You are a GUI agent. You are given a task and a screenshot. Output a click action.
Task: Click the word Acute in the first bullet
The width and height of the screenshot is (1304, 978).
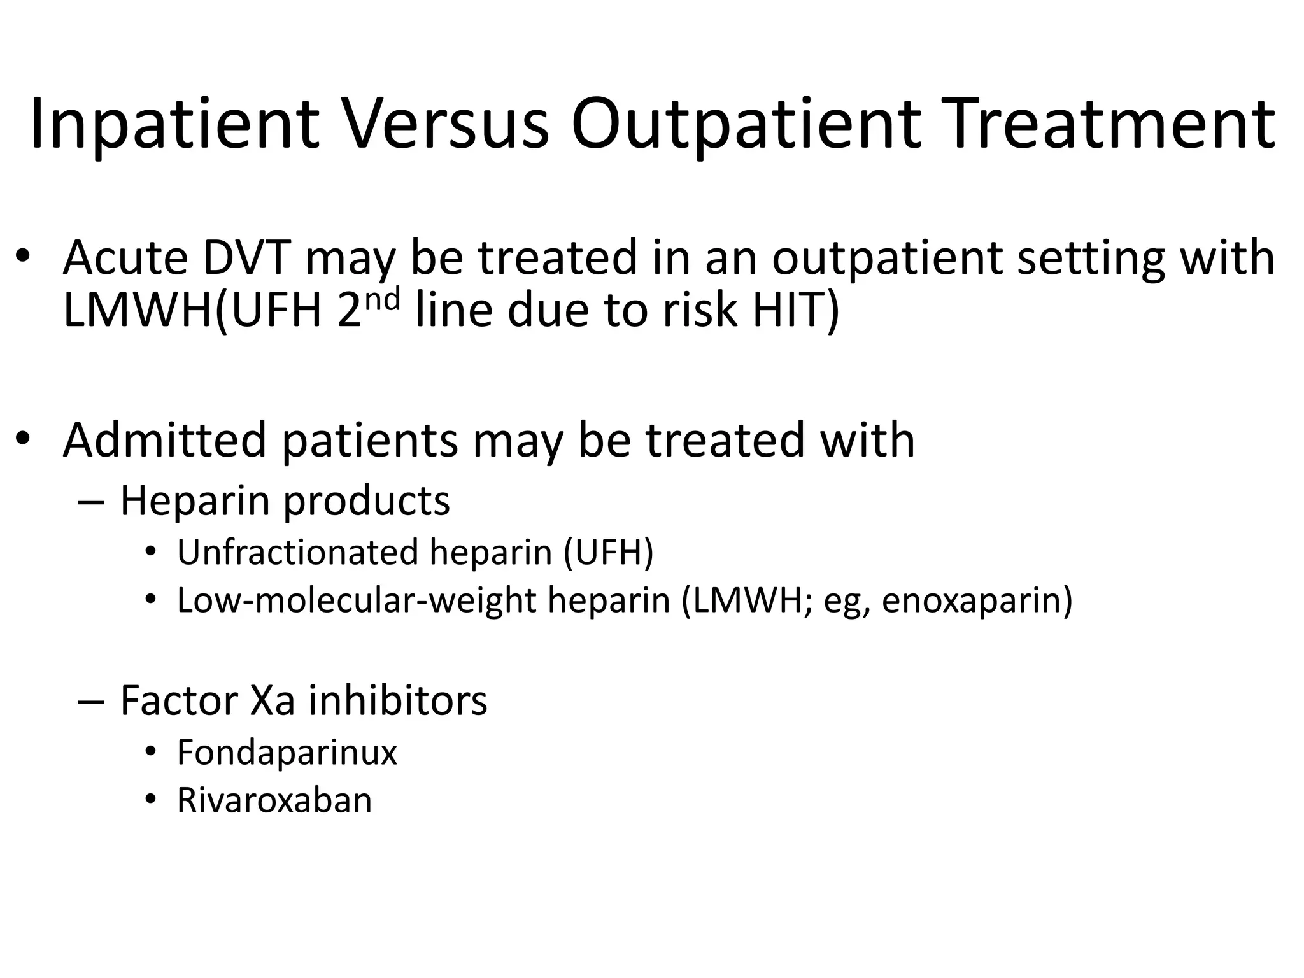point(125,258)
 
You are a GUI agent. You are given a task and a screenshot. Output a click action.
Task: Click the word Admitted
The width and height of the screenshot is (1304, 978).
point(164,440)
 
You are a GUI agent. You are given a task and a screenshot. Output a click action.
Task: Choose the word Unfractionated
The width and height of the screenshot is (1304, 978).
point(297,552)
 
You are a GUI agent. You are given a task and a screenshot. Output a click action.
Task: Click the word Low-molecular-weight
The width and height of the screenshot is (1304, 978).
point(357,600)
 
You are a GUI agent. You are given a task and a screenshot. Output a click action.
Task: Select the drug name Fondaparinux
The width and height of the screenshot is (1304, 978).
point(287,752)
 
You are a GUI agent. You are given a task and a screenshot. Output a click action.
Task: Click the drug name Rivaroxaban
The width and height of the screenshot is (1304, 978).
point(274,800)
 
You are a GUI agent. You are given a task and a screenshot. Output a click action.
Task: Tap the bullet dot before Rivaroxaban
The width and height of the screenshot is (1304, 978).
point(150,800)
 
